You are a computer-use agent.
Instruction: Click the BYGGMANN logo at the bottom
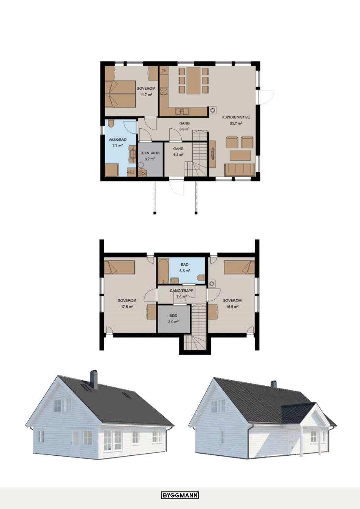pyautogui.click(x=180, y=493)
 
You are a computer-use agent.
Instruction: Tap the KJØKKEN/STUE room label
pyautogui.click(x=236, y=117)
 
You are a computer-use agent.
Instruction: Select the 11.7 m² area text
pyautogui.click(x=146, y=95)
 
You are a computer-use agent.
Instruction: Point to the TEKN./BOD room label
pyautogui.click(x=150, y=153)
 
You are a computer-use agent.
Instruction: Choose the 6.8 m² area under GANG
pyautogui.click(x=184, y=129)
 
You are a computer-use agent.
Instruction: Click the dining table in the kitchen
pyautogui.click(x=193, y=81)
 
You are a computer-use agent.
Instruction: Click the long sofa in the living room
pyautogui.click(x=240, y=170)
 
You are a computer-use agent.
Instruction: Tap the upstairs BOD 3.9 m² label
pyautogui.click(x=173, y=318)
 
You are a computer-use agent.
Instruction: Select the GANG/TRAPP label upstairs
pyautogui.click(x=182, y=291)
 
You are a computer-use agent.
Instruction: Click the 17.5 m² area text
pyautogui.click(x=127, y=306)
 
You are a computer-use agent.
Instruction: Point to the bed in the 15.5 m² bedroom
pyautogui.click(x=239, y=267)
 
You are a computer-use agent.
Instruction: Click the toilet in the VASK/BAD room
pyautogui.click(x=111, y=123)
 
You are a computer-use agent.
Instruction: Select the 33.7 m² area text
pyautogui.click(x=236, y=124)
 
